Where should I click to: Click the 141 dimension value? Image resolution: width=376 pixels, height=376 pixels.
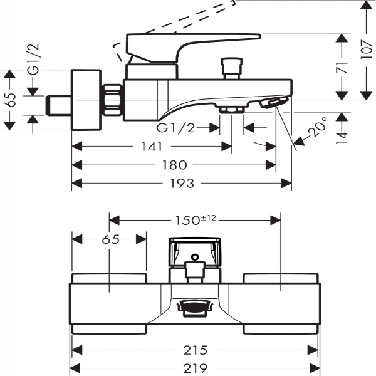click(x=151, y=146)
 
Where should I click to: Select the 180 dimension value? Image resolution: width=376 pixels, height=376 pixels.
click(x=174, y=165)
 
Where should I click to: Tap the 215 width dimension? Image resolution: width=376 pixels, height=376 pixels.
click(x=196, y=350)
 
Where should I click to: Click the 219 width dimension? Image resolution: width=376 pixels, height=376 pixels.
click(x=196, y=368)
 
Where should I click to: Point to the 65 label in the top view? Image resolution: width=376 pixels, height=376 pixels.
click(x=110, y=239)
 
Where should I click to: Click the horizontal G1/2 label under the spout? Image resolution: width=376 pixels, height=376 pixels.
click(x=175, y=128)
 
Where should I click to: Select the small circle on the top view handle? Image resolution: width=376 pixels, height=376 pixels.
click(x=195, y=256)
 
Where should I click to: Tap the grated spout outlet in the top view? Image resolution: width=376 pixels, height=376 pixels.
click(x=195, y=308)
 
